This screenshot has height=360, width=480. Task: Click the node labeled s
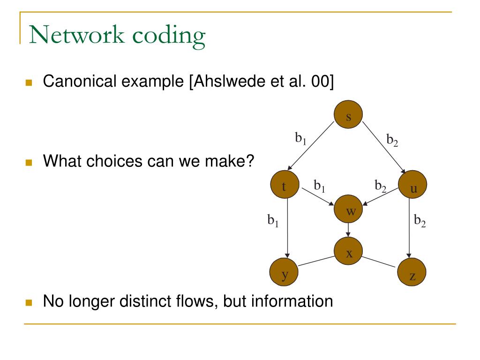point(349,116)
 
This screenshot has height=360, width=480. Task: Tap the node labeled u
point(412,187)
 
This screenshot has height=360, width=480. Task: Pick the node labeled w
point(349,210)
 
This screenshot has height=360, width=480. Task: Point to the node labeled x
point(349,253)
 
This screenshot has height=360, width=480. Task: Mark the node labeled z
point(412,275)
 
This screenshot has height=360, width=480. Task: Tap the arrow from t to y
point(287,230)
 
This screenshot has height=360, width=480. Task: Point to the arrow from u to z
point(410,230)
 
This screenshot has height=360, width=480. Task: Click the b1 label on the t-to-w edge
point(320,187)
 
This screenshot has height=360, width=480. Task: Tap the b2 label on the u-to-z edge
point(420,220)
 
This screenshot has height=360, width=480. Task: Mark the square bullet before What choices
point(30,163)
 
